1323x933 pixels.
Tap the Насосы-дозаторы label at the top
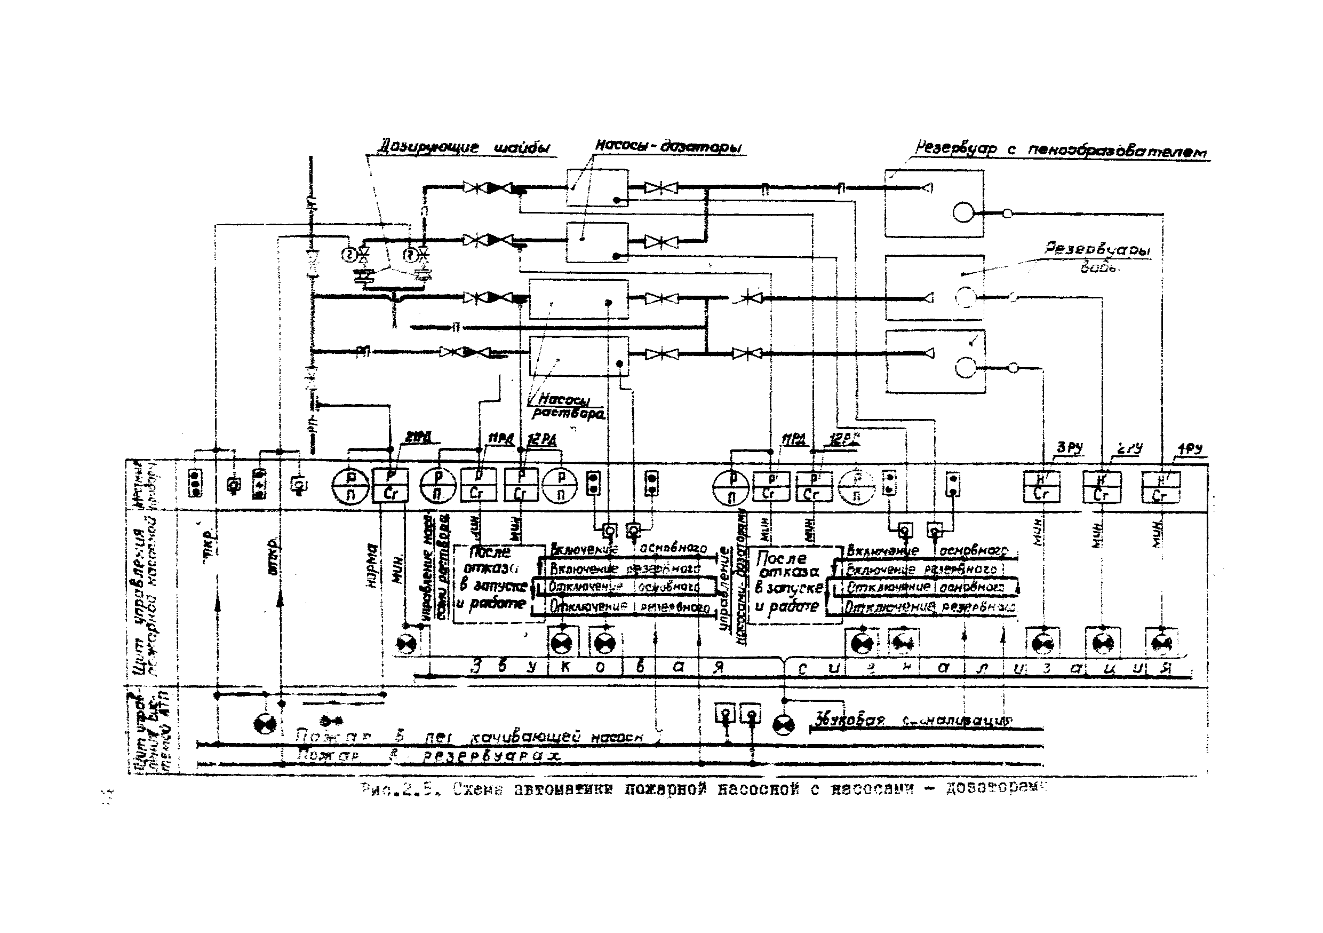[x=668, y=146]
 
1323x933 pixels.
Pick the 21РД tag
[x=418, y=439]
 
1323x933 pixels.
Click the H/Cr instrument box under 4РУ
[x=1160, y=487]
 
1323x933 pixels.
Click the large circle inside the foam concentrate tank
[x=963, y=212]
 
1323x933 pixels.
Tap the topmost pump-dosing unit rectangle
[x=597, y=187]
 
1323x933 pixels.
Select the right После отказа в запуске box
[x=791, y=584]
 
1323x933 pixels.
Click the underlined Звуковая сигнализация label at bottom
[x=913, y=720]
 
